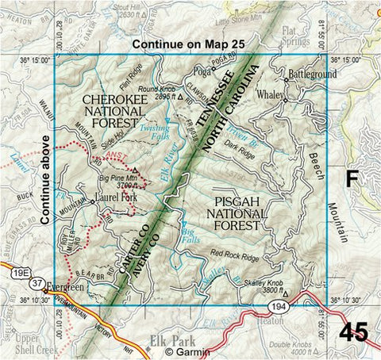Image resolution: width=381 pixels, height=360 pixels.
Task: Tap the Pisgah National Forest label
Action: pyautogui.click(x=233, y=213)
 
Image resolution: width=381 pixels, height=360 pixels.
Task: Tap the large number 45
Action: pyautogui.click(x=354, y=331)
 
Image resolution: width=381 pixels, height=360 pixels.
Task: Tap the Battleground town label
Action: pyautogui.click(x=310, y=73)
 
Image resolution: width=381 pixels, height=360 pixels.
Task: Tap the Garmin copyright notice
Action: pyautogui.click(x=188, y=352)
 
